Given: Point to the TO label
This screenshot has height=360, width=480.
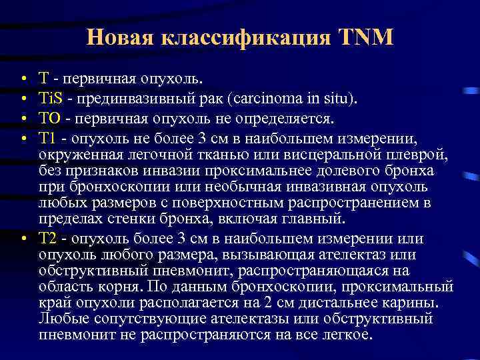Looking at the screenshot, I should [50, 118].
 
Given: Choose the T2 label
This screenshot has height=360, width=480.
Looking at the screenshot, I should [49, 239].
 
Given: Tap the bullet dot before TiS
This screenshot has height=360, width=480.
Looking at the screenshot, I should [23, 100].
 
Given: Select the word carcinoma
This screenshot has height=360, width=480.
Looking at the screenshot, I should [265, 99].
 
